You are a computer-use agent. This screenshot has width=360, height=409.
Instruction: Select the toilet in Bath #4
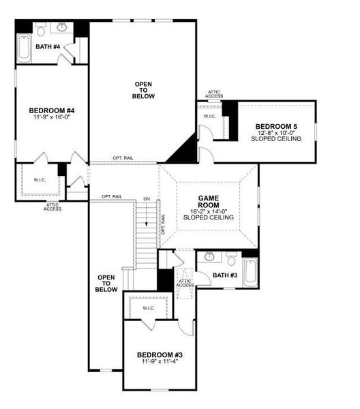[x=41, y=30]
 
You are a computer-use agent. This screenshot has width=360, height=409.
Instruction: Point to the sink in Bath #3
[x=210, y=257]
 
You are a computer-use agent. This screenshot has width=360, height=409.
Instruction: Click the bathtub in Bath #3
[x=250, y=272]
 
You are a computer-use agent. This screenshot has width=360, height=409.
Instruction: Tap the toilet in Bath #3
[x=231, y=261]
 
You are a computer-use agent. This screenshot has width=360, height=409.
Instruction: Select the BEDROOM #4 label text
[x=51, y=110]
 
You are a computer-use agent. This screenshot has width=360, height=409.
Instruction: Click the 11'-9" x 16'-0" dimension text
[x=51, y=117]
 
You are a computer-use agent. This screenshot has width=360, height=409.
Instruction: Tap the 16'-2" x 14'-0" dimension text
[x=208, y=211]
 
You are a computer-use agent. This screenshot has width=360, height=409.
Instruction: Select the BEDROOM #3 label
[x=159, y=354]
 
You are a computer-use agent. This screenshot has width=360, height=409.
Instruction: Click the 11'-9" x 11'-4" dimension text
[x=159, y=362]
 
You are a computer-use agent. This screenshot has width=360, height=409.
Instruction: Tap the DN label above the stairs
[x=146, y=199]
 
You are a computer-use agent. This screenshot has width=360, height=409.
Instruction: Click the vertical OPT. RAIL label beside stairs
[x=162, y=225]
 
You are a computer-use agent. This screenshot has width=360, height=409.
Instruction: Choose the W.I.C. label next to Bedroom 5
[x=209, y=117]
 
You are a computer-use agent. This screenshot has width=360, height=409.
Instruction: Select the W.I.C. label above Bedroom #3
[x=149, y=308]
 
